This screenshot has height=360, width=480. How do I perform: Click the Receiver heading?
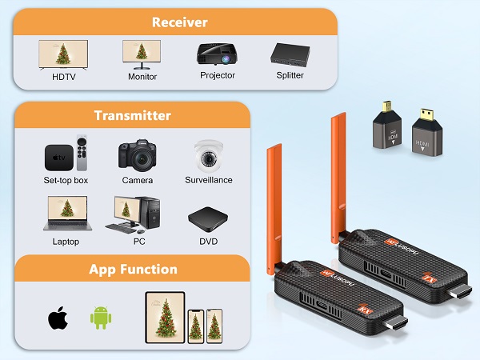[x=178, y=22]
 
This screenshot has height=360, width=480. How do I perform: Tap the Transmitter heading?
[x=132, y=115]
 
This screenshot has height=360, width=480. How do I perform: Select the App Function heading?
[x=132, y=269]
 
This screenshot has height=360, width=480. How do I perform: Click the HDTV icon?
[x=62, y=54]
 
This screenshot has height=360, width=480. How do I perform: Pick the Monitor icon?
[x=142, y=54]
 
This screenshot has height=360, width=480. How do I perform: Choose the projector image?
[x=217, y=54]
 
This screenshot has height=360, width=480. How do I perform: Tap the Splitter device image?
[x=290, y=54]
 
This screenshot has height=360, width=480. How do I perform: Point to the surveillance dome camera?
[x=208, y=154]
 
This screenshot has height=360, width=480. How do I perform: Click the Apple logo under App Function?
[x=57, y=318]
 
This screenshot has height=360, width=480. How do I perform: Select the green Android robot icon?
[x=100, y=317]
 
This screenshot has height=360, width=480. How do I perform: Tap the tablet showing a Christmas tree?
[x=165, y=317]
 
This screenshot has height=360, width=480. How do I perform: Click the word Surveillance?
[x=208, y=180]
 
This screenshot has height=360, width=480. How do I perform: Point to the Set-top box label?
[x=66, y=180]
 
